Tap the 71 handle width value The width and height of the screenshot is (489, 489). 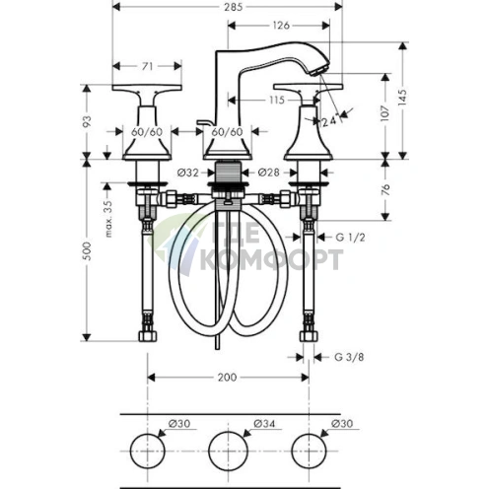point(147,66)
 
